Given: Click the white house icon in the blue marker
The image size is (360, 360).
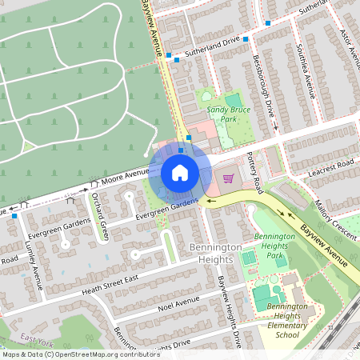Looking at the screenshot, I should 180,172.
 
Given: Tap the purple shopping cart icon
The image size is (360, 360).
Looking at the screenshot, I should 228,178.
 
